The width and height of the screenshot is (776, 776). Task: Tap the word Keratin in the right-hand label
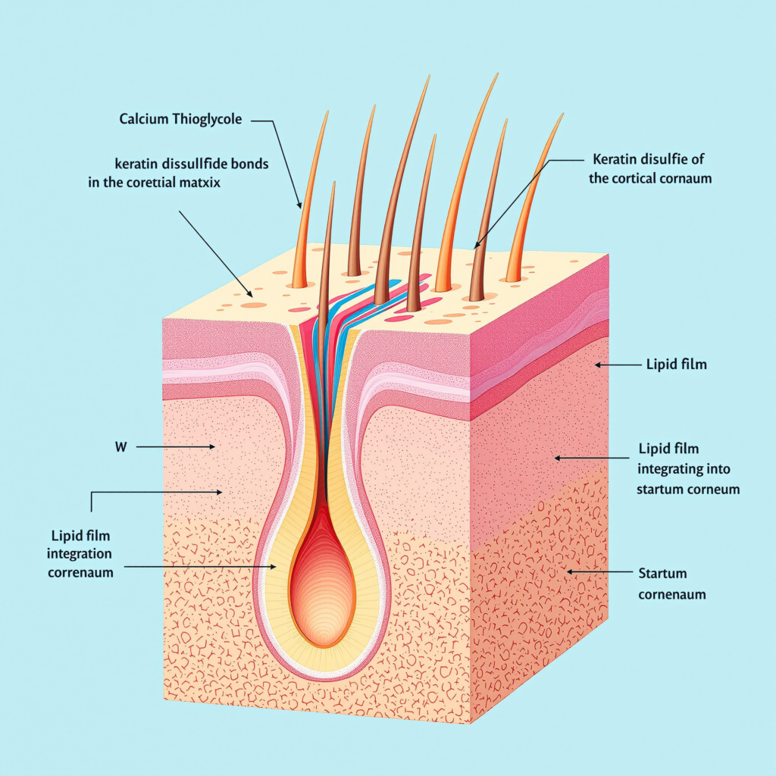pos(610,160)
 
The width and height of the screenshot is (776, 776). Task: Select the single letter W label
pos(120,448)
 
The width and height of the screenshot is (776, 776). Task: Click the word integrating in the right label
pos(668,470)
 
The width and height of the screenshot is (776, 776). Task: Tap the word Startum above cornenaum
pos(662,573)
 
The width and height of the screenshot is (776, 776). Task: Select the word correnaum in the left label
pos(81,572)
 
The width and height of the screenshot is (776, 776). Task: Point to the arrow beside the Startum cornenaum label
pos(599,571)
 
